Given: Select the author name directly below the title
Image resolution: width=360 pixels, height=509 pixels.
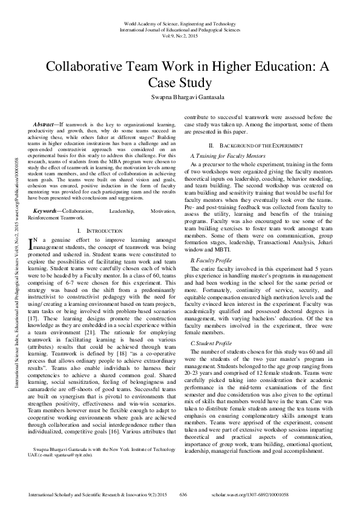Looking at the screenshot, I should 180,98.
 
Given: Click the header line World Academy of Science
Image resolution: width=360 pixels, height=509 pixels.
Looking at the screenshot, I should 180,22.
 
